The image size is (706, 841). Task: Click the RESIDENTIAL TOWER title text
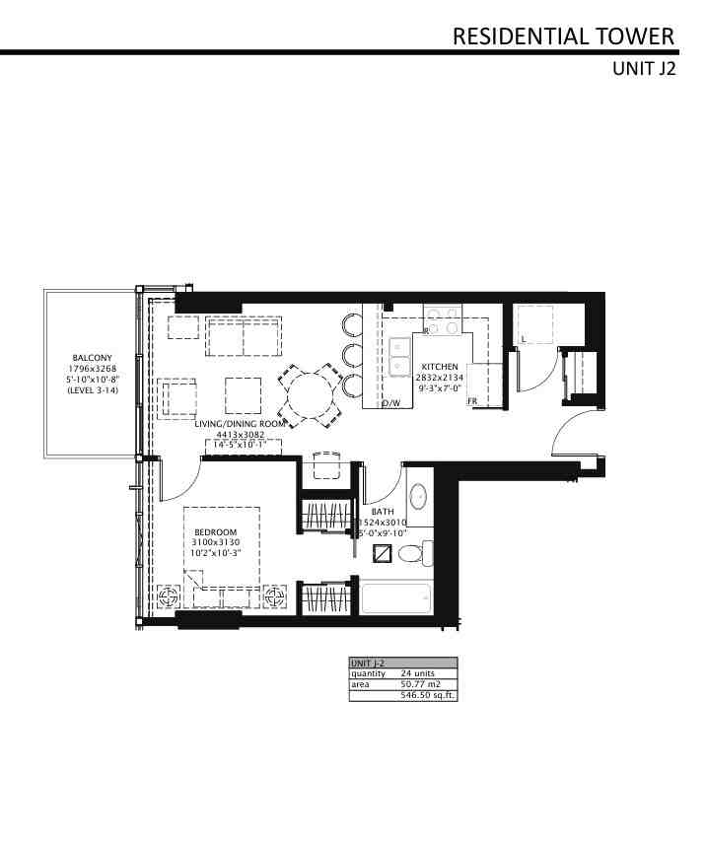point(563,36)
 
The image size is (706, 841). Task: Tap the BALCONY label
point(92,358)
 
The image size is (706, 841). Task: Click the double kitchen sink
point(400,357)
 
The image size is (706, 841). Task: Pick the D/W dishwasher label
point(391,404)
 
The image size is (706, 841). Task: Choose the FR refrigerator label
point(473,402)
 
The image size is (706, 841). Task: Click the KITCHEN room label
point(440,366)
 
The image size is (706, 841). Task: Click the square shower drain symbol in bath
point(383,554)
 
